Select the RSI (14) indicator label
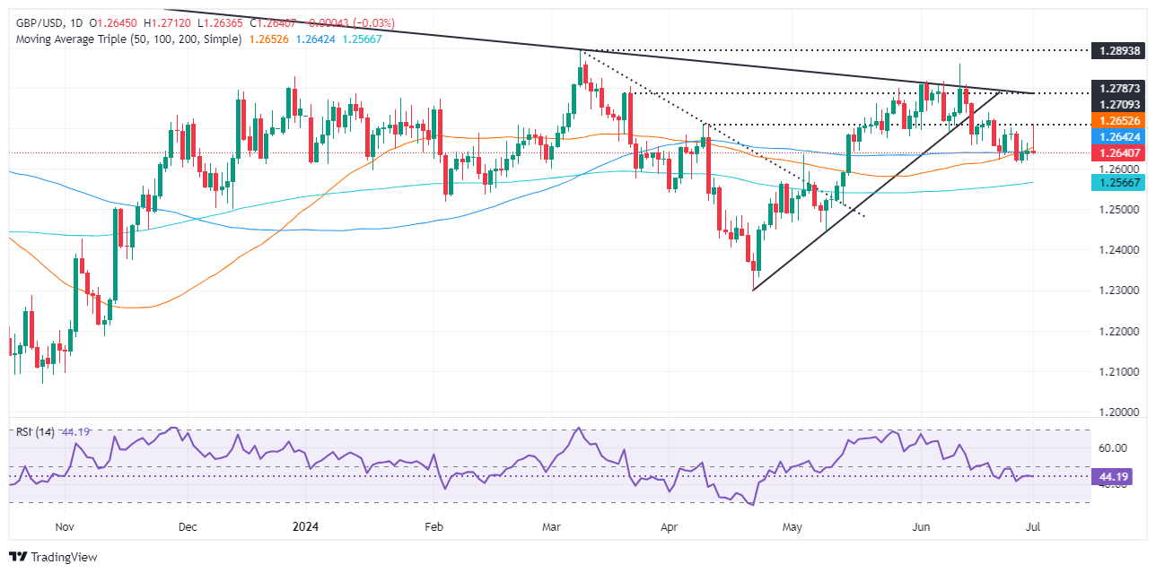(35, 432)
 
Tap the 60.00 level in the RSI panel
(1112, 447)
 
